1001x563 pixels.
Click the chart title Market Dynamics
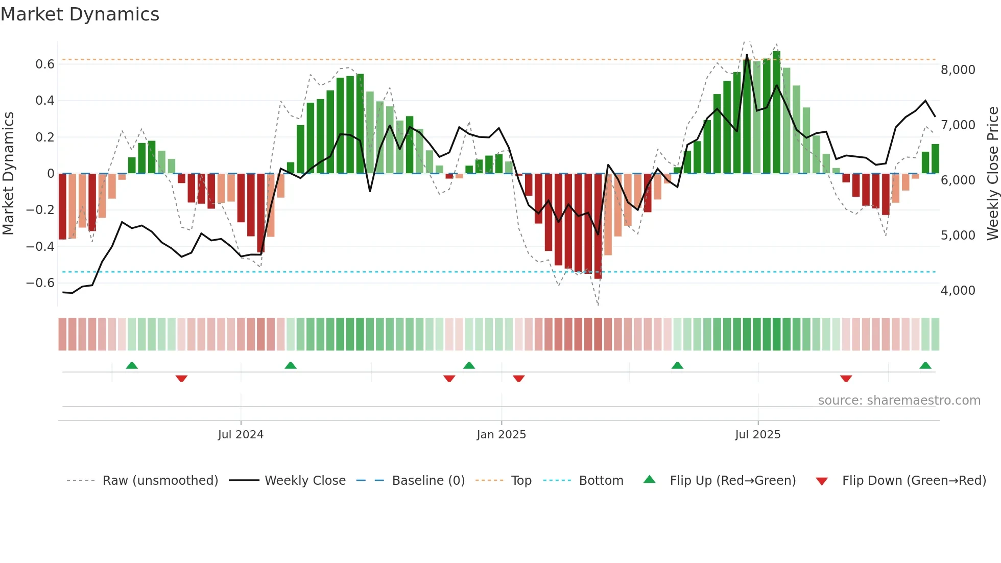click(x=80, y=14)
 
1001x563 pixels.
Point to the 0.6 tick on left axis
click(x=45, y=64)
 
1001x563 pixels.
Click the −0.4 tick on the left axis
click(x=40, y=246)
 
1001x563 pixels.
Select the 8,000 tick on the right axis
click(x=958, y=70)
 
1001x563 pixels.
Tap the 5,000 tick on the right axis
click(x=958, y=236)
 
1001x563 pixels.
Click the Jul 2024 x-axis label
click(x=241, y=435)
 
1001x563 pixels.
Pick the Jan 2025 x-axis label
click(x=501, y=435)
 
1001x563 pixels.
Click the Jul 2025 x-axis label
click(x=757, y=435)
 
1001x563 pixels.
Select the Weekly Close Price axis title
click(x=992, y=174)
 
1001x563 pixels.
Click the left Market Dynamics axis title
click(x=9, y=174)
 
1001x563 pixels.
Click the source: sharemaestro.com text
click(x=899, y=401)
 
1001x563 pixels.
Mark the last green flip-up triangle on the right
click(x=925, y=366)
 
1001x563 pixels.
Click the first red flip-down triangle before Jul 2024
click(x=181, y=379)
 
